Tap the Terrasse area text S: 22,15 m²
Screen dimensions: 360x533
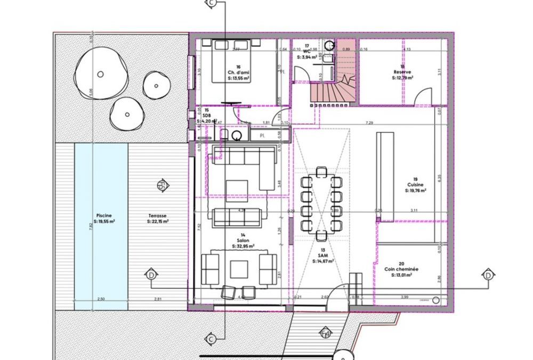click(158, 221)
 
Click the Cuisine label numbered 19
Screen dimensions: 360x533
click(415, 185)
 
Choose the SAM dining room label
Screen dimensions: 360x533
click(322, 256)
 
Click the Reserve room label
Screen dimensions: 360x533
click(402, 72)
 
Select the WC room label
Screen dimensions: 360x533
click(306, 51)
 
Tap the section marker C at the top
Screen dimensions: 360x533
click(212, 4)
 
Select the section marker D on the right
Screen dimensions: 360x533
click(488, 275)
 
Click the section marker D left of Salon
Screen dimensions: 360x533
click(151, 275)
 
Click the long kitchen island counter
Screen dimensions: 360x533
click(385, 177)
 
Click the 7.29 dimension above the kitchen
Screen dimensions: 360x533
click(369, 123)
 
